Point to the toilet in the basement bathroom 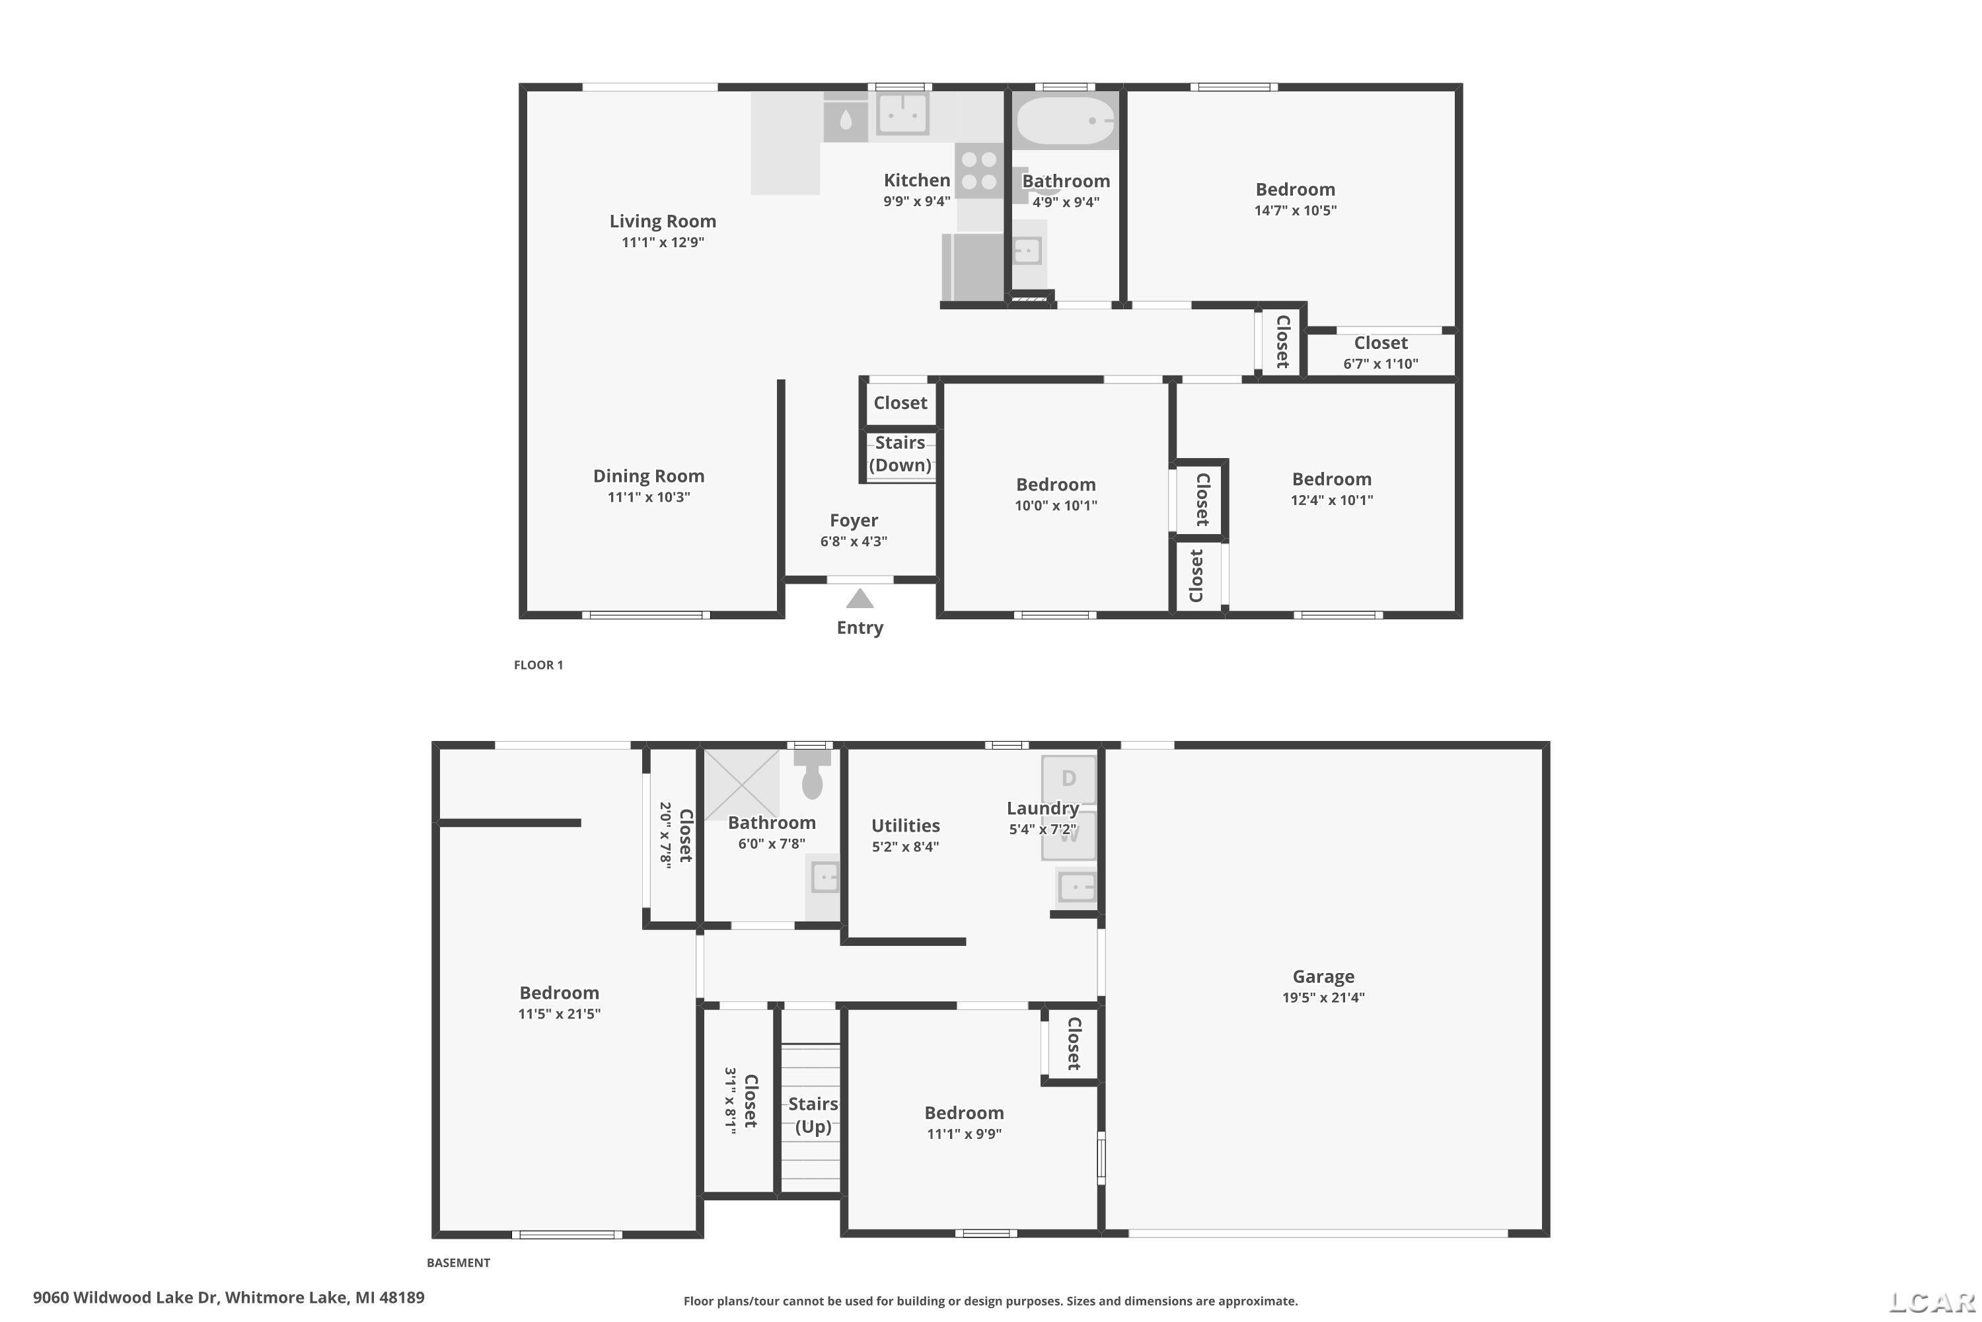811,773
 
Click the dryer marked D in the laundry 1068,779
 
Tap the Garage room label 1323,976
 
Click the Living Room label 663,221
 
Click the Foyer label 854,520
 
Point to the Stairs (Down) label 900,453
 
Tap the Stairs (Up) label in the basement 813,1114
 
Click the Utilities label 905,826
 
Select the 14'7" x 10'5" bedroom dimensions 1295,211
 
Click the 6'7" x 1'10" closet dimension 1380,364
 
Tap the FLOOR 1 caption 538,664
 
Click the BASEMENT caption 459,1262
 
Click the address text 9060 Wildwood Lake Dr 126,1298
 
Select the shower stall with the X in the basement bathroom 741,783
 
